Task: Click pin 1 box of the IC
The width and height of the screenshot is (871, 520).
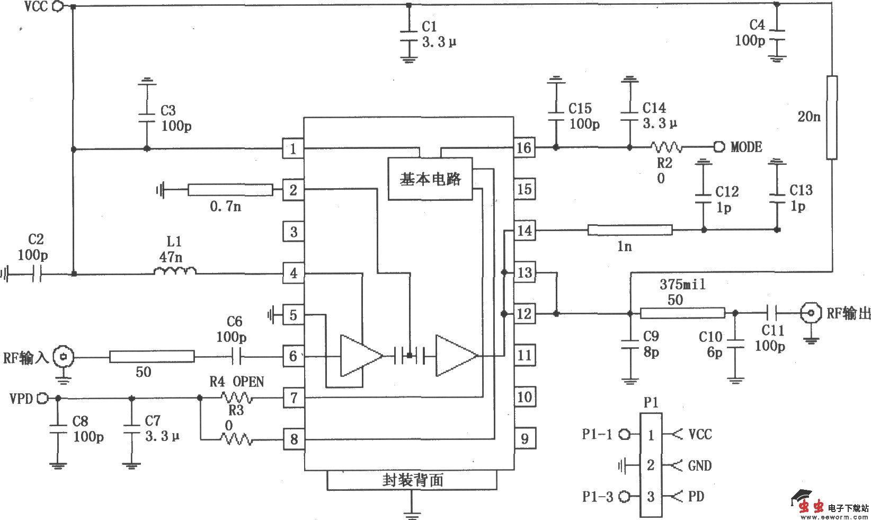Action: tap(293, 148)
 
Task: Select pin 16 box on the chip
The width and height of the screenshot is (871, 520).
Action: tap(524, 147)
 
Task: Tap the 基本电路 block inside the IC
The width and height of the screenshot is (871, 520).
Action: tap(430, 179)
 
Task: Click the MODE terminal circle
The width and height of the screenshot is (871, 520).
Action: tap(719, 147)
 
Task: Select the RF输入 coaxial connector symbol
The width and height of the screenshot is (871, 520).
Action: tap(64, 357)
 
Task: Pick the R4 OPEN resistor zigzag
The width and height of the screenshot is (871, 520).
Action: tap(237, 397)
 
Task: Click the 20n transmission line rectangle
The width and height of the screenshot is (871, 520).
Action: tap(832, 117)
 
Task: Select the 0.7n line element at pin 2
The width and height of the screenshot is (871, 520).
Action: tap(230, 190)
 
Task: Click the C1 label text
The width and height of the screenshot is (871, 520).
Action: tap(429, 27)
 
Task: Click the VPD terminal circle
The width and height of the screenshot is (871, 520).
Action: tap(45, 398)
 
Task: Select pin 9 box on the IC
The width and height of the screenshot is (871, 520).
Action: tap(524, 438)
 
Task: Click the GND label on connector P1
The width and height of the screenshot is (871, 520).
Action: tap(699, 465)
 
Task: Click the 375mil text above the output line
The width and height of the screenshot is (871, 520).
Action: tap(682, 285)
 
